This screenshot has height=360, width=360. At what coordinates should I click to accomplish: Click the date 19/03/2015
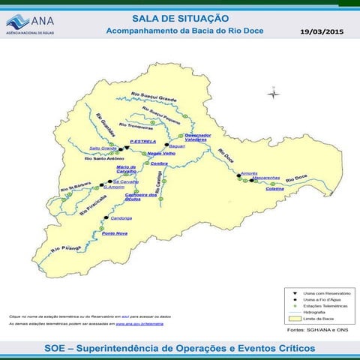click(321, 32)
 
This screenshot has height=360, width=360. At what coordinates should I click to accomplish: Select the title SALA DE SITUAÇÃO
click(180, 17)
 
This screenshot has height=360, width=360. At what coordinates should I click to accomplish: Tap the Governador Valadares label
click(199, 137)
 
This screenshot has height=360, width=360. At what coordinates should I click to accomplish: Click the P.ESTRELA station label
click(142, 142)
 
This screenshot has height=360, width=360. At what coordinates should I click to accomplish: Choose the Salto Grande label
click(103, 148)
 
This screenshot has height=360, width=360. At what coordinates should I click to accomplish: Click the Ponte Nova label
click(115, 233)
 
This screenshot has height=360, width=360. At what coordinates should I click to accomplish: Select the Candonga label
click(121, 217)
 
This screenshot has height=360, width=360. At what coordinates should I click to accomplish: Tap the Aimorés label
click(250, 173)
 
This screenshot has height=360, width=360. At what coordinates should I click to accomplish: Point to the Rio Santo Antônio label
click(103, 158)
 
